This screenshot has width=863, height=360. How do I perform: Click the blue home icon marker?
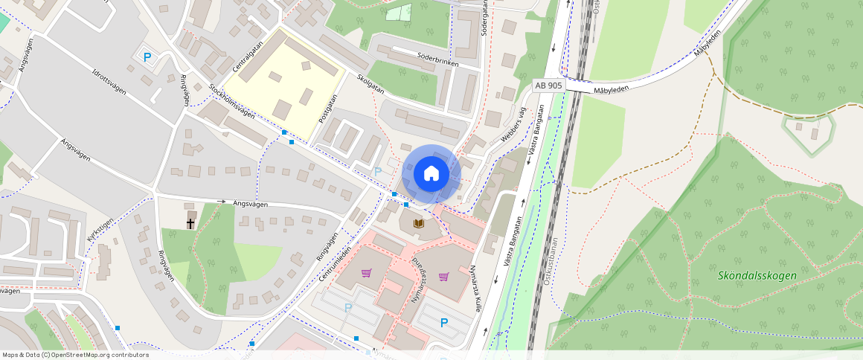coord(431,174)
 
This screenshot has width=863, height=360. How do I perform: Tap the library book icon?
coord(418,223)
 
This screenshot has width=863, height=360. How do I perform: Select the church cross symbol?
coord(190,222)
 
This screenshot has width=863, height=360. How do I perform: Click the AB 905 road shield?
coord(549,86)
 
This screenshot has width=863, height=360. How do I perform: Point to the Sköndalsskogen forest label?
coord(757,275)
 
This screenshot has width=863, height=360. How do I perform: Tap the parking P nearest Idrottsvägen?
coord(147,57)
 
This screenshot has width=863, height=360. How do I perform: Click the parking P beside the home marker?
coord(378,172)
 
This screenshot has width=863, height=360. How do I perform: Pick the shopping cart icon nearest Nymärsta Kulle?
coord(444,277)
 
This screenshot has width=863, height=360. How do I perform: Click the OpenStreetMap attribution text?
coord(76,355)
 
